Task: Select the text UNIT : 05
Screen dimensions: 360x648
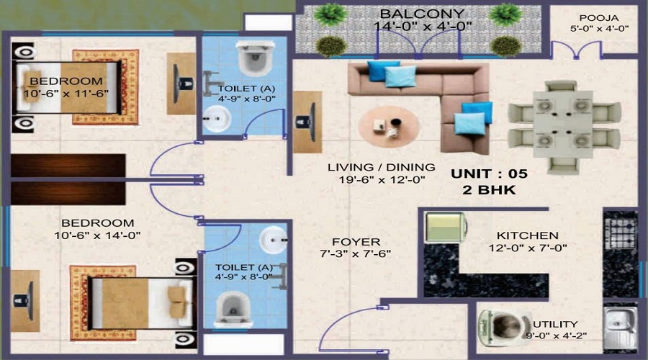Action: pos(490,174)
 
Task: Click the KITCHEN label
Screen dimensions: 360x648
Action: pos(528,235)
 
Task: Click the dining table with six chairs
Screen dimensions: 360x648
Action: pos(564,127)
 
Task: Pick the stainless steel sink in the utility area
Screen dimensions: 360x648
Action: pos(617,328)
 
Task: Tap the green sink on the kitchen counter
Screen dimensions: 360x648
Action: pos(446,228)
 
